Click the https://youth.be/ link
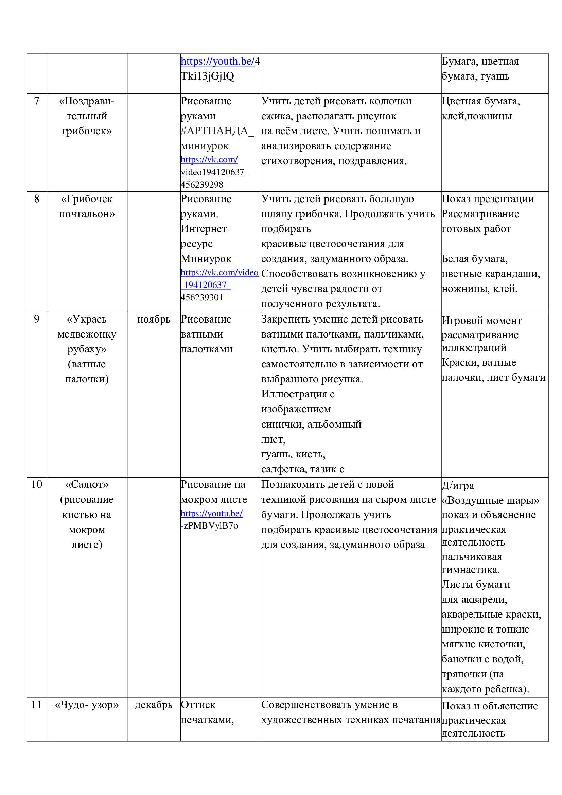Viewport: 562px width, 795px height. coord(217,61)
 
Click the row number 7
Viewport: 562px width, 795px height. coord(37,101)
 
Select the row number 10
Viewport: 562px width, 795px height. coord(37,484)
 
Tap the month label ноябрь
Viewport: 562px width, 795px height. coord(154,319)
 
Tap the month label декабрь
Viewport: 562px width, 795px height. coord(154,705)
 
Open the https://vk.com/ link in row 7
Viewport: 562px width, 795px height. coord(209,160)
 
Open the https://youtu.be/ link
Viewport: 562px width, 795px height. coord(211,514)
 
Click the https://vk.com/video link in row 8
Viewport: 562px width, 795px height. coord(219,273)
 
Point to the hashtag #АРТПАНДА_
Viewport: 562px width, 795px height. coord(217,131)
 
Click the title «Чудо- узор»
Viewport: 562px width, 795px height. coord(87,705)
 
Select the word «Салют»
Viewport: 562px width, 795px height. coord(87,484)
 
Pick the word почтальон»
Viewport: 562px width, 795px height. coord(87,214)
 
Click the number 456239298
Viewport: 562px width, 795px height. coord(202,185)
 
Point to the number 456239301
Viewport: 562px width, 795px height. coord(202,297)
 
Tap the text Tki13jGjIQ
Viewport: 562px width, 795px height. coord(207,76)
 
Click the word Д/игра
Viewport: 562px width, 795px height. coord(458,486)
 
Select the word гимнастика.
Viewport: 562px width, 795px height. coord(471,570)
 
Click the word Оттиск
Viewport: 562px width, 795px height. coord(198,705)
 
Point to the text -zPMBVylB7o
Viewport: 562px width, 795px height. coord(209,525)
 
